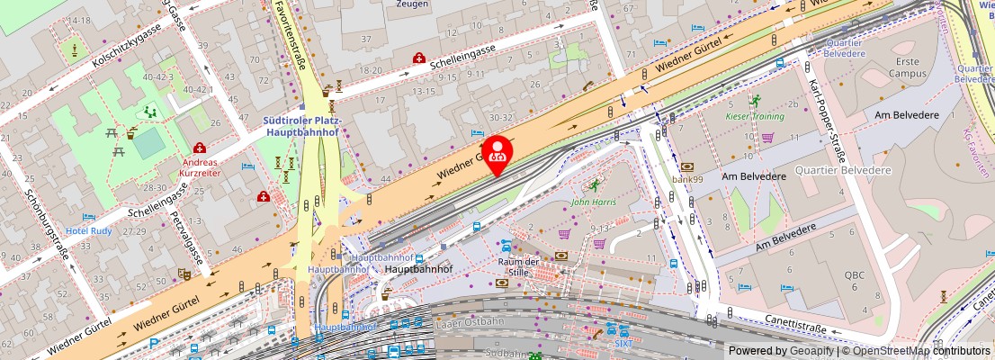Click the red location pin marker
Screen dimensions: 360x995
[497, 150]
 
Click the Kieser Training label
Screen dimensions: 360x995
[756, 116]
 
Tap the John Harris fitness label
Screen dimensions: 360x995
[594, 202]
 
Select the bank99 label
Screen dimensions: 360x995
[686, 178]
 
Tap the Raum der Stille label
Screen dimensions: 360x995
[518, 266]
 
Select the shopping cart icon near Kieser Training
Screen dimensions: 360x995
[767, 138]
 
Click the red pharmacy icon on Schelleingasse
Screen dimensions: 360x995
[418, 58]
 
